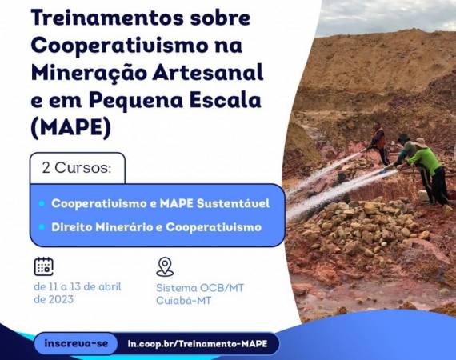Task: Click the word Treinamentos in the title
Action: [107, 18]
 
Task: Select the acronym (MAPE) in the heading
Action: [70, 127]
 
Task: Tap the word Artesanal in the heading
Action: [208, 73]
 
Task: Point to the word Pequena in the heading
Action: [136, 101]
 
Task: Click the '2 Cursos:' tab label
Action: [77, 168]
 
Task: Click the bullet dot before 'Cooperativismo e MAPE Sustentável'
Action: [42, 203]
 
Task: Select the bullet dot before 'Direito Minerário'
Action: [42, 227]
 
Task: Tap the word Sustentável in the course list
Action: [234, 203]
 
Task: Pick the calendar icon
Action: [44, 266]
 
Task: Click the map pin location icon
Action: [165, 266]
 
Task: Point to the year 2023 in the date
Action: [61, 299]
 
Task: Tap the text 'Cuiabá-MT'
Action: [183, 300]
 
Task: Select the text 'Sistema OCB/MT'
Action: [200, 288]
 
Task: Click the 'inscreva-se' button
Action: [76, 343]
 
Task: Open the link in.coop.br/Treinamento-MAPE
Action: [198, 344]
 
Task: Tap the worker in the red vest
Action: [379, 142]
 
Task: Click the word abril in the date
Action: [110, 286]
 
